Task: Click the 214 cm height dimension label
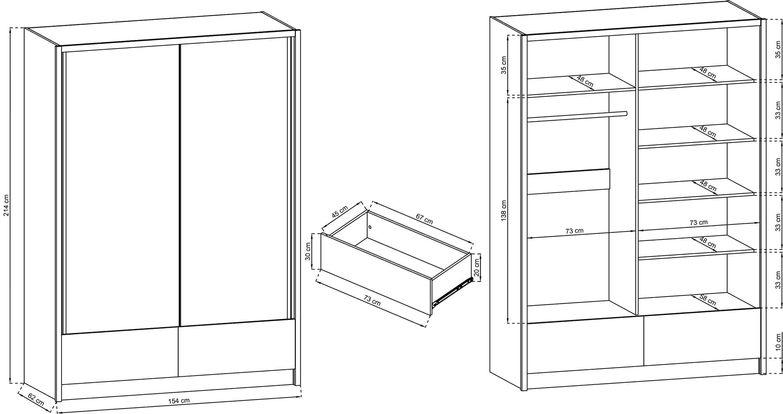click(x=6, y=205)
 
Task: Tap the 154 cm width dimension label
click(x=179, y=401)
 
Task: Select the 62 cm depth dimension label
click(x=36, y=399)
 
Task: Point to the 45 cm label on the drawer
click(x=340, y=212)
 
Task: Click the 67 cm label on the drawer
click(x=424, y=219)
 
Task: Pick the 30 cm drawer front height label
click(x=308, y=251)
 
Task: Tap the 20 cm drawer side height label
click(x=476, y=268)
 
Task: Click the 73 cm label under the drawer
click(x=372, y=300)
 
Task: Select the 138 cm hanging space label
click(x=504, y=211)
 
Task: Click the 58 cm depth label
click(x=708, y=300)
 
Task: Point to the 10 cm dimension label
click(x=778, y=342)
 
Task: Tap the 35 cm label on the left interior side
click(x=504, y=65)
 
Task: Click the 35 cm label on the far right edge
click(x=778, y=50)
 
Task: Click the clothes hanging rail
click(x=577, y=116)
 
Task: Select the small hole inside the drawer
click(x=370, y=227)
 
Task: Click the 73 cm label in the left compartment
click(x=574, y=231)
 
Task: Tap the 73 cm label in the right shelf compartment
click(x=698, y=222)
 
